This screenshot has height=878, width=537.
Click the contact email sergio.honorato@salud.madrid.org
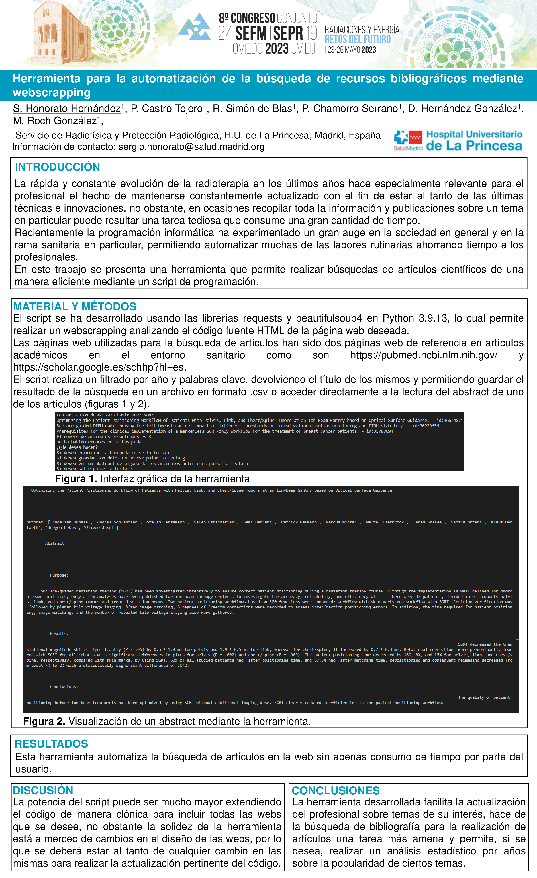click(191, 147)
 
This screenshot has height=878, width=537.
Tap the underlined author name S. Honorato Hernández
click(67, 109)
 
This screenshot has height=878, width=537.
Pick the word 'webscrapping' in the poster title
click(52, 93)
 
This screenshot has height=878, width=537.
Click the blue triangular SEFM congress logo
click(195, 27)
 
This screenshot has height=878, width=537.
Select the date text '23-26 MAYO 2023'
click(351, 50)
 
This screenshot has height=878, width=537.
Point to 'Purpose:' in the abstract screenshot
click(59, 575)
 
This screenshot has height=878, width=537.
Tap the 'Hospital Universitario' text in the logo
click(474, 134)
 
